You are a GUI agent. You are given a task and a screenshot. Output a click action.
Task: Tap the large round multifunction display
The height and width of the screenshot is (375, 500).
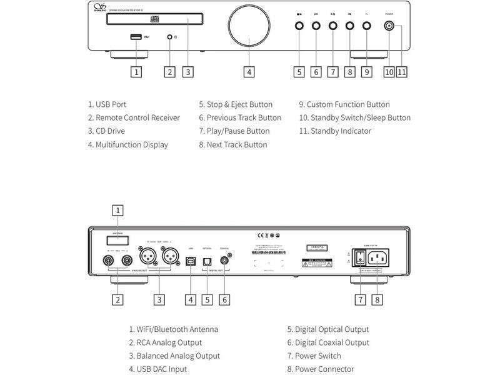click(249, 27)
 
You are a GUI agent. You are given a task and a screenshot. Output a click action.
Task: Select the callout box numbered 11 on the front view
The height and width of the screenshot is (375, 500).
click(401, 71)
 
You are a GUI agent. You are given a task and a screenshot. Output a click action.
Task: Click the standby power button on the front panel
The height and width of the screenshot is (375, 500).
click(391, 26)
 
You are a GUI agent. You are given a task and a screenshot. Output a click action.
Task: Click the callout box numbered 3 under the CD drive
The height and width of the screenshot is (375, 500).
click(186, 71)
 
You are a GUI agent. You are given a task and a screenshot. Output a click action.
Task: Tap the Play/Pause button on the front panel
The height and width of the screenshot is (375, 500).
click(332, 26)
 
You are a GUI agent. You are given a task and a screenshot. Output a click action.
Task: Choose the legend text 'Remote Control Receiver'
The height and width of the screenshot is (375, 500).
click(134, 117)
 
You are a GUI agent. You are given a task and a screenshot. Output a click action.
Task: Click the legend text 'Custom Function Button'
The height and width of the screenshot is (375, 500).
click(344, 104)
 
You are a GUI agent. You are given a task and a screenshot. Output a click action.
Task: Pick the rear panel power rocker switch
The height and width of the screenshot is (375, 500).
click(359, 257)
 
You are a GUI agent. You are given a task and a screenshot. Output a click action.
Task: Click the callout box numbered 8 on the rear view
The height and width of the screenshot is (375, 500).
click(377, 299)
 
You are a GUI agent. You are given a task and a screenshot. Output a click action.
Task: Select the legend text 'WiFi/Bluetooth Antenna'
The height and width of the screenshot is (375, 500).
click(174, 329)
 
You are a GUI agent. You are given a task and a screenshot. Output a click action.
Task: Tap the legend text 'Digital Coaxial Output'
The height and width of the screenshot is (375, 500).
click(328, 342)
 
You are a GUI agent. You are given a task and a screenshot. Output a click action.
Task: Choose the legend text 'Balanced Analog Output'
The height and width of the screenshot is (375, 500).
click(174, 356)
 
